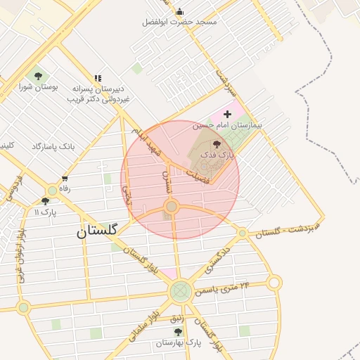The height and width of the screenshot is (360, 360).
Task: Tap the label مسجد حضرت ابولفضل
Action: tap(180, 22)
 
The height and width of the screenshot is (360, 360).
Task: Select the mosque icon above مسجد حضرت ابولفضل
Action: tap(180, 11)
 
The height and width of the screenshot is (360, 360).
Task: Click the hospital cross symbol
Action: tap(226, 114)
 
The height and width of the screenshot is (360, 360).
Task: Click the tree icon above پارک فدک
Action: tap(216, 143)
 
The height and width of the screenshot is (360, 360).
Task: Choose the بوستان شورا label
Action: tap(38, 87)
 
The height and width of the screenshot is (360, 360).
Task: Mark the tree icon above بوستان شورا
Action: tap(38, 76)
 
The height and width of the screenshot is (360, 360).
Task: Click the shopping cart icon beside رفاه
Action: tap(65, 179)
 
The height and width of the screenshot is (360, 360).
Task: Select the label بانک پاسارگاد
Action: tap(53, 147)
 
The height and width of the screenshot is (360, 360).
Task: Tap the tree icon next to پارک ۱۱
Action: tap(46, 202)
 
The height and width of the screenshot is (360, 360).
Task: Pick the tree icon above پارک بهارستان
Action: tap(178, 331)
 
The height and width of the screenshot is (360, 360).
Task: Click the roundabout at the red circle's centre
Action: tap(171, 206)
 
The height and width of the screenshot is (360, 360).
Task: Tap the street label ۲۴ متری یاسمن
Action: tap(226, 286)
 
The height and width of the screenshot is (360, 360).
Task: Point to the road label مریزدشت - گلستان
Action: tap(287, 229)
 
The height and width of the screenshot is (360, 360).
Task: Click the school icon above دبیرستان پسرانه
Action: tap(98, 78)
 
